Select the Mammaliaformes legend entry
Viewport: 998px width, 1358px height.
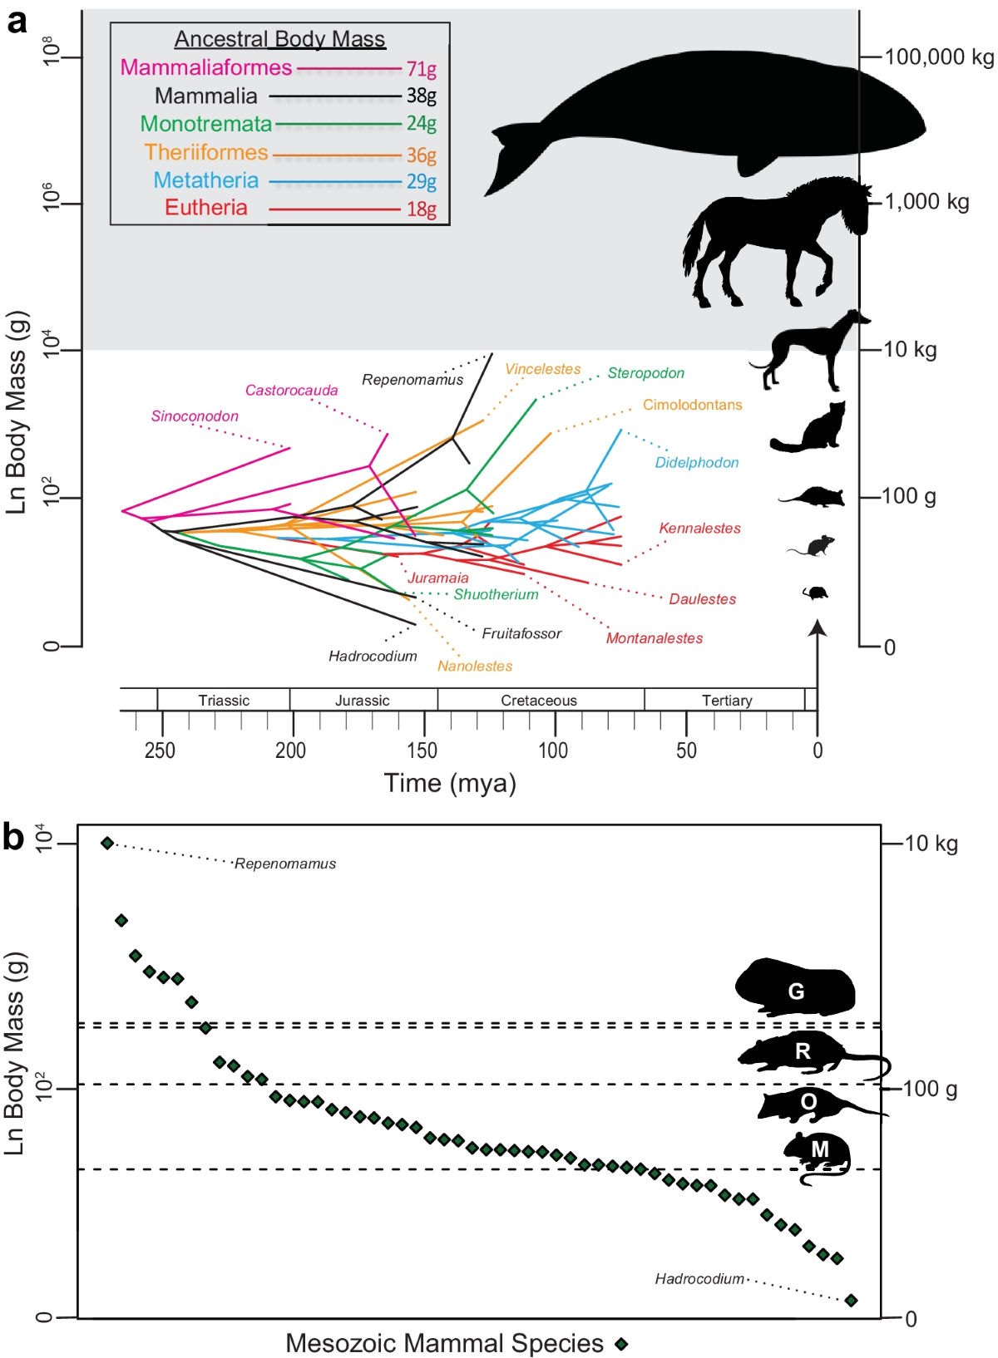pyautogui.click(x=206, y=67)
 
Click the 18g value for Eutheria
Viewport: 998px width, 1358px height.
pyautogui.click(x=421, y=209)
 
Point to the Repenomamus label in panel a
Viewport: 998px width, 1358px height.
pyautogui.click(x=412, y=380)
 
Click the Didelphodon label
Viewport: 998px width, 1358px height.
pyautogui.click(x=696, y=463)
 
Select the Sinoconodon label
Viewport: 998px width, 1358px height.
pyautogui.click(x=195, y=416)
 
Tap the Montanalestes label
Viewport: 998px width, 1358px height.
pyautogui.click(x=654, y=638)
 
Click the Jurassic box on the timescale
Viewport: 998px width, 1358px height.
pyautogui.click(x=363, y=701)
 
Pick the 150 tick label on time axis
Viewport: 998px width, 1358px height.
pyautogui.click(x=422, y=750)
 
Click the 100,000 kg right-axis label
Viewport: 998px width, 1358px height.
pyautogui.click(x=938, y=57)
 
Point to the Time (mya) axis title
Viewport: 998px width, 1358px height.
pyautogui.click(x=450, y=783)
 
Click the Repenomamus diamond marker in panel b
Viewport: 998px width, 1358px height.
pyautogui.click(x=107, y=843)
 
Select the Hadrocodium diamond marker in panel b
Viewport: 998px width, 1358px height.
pyautogui.click(x=851, y=1300)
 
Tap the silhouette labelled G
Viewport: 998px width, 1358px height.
pyautogui.click(x=795, y=989)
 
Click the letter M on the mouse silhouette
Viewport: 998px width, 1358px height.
pyautogui.click(x=819, y=1149)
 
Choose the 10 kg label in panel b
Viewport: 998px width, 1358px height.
pyautogui.click(x=931, y=844)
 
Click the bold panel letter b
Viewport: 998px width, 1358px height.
pyautogui.click(x=13, y=836)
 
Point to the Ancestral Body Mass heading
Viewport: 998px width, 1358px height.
pyautogui.click(x=279, y=39)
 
